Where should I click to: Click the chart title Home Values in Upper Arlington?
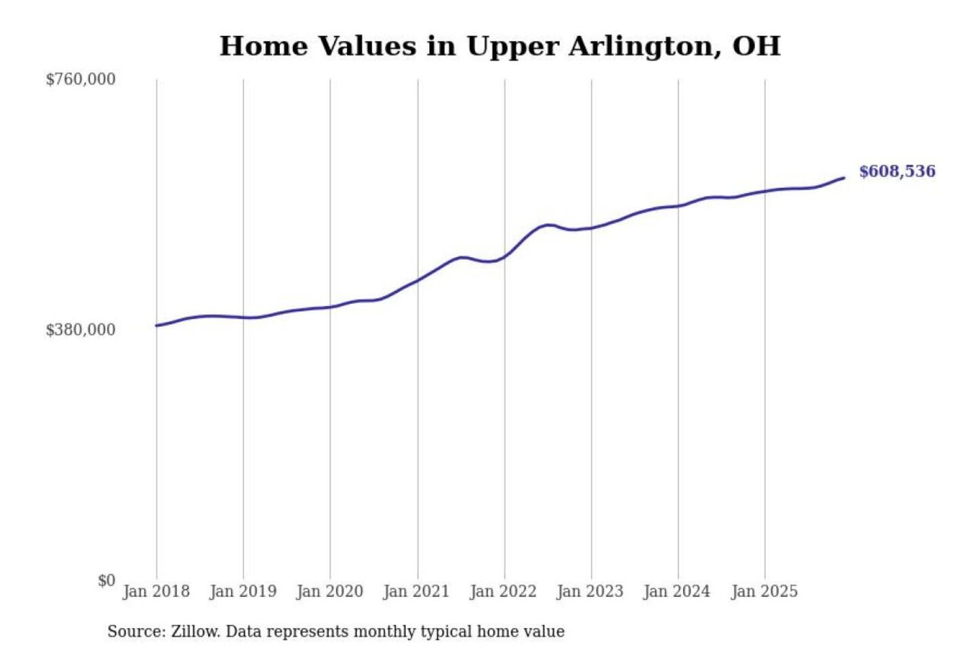(500, 46)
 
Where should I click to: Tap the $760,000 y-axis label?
(81, 79)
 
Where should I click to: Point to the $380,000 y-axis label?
(81, 330)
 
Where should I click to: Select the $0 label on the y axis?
(106, 580)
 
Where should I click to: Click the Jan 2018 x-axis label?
(156, 591)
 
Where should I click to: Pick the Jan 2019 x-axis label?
(243, 591)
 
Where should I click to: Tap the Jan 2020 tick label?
(329, 591)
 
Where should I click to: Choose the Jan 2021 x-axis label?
(416, 591)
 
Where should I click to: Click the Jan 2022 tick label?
(503, 591)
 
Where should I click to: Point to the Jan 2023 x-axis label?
(590, 591)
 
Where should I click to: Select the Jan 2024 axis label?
(676, 591)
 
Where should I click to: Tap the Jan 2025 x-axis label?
(764, 591)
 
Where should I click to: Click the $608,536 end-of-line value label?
(897, 172)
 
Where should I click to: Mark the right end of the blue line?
(844, 178)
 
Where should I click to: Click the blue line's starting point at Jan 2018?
(157, 325)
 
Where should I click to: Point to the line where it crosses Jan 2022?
(504, 256)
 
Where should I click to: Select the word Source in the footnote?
(135, 632)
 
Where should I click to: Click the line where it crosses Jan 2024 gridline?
(678, 205)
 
